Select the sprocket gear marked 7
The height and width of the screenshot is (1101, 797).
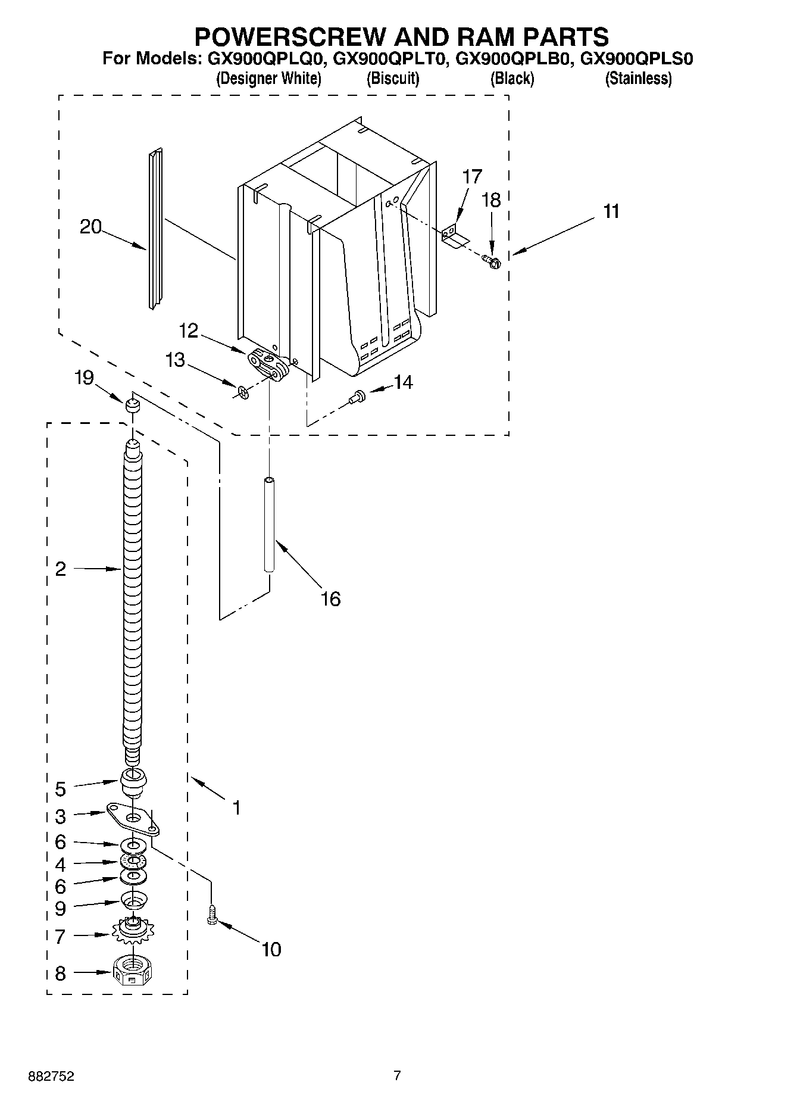pyautogui.click(x=133, y=930)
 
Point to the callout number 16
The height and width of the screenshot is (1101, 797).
pyautogui.click(x=330, y=598)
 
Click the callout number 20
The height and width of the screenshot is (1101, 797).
pyautogui.click(x=90, y=227)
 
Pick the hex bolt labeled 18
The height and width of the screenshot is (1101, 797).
pyautogui.click(x=492, y=260)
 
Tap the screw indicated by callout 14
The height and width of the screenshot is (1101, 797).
pyautogui.click(x=358, y=395)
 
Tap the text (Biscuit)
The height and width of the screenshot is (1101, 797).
pyautogui.click(x=393, y=78)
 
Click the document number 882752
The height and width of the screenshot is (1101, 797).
pyautogui.click(x=51, y=1077)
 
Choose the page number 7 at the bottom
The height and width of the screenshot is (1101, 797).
pyautogui.click(x=397, y=1075)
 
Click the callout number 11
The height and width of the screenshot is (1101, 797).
pyautogui.click(x=611, y=211)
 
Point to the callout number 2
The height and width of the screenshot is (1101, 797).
pyautogui.click(x=60, y=569)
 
